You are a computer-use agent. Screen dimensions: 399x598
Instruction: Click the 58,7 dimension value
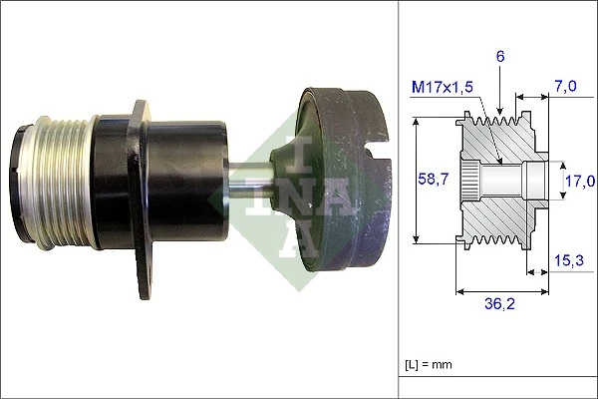pyautogui.click(x=431, y=179)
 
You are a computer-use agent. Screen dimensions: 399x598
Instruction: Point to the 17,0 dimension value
pyautogui.click(x=579, y=181)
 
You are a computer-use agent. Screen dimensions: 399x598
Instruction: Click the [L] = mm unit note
pyautogui.click(x=428, y=364)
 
